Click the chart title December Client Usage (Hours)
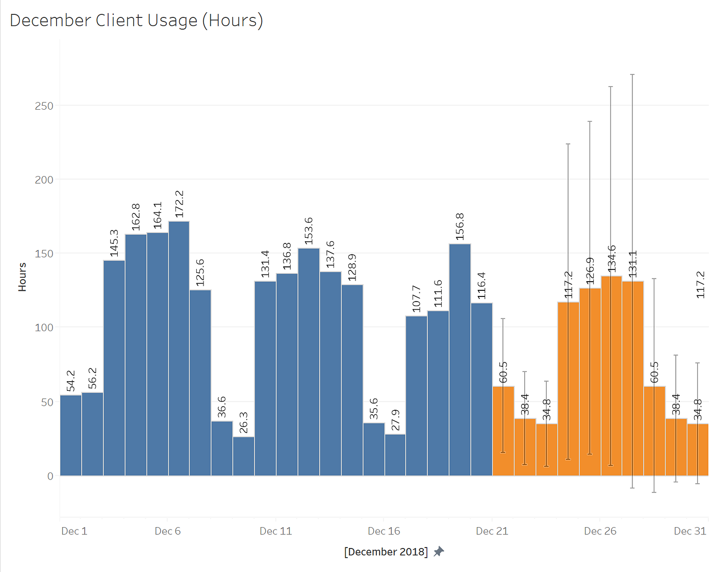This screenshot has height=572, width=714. (x=136, y=20)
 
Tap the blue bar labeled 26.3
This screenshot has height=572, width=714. (x=244, y=456)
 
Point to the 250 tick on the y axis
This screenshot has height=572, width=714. (x=44, y=106)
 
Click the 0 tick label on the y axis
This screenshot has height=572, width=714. (x=50, y=476)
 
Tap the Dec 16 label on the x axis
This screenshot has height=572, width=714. (x=384, y=531)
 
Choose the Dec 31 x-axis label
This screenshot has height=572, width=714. (x=690, y=531)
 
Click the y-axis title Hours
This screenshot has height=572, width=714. (x=22, y=277)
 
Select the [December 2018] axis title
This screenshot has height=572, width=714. (x=386, y=552)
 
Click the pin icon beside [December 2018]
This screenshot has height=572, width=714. (x=439, y=552)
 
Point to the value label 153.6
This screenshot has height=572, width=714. (x=309, y=231)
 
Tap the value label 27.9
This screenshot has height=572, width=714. (x=395, y=420)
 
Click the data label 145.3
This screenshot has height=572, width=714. (x=114, y=243)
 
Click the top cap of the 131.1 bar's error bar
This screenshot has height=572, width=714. (x=632, y=74)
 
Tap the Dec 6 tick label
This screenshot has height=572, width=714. (x=167, y=531)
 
